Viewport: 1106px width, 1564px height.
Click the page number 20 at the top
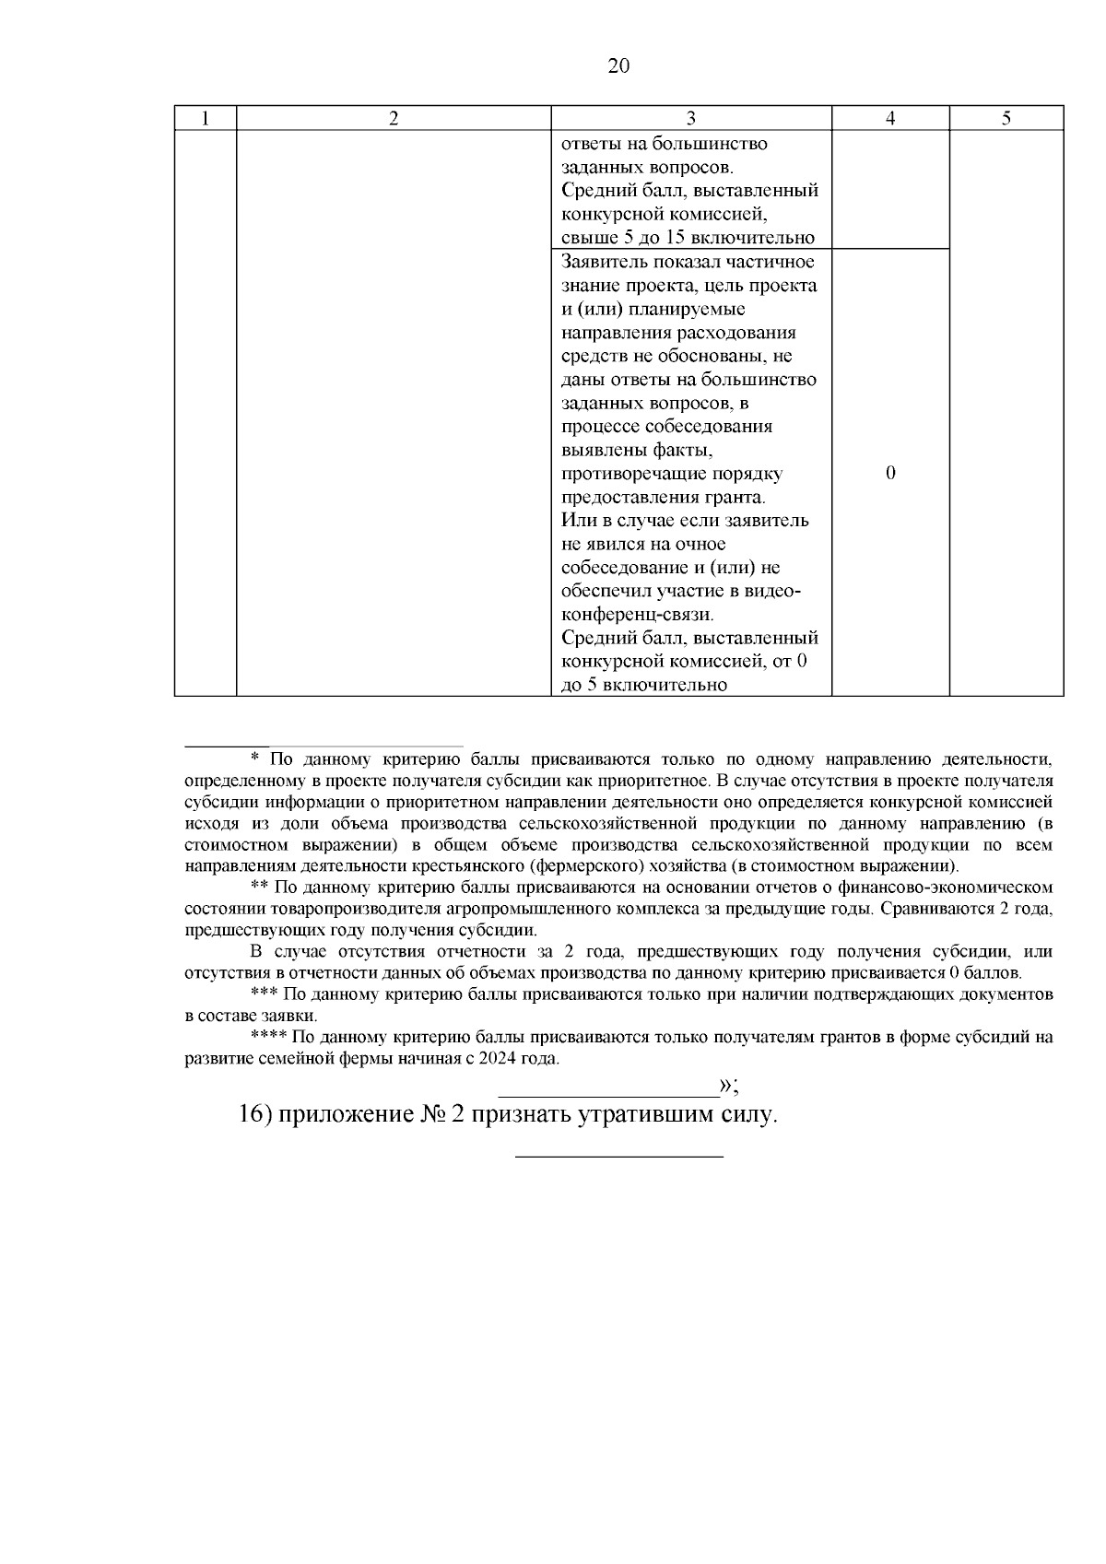tap(618, 66)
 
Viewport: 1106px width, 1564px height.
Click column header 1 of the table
tap(205, 118)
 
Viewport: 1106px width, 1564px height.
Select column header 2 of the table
tap(394, 118)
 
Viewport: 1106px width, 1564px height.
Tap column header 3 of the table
tap(690, 118)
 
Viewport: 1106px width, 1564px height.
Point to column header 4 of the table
tap(889, 118)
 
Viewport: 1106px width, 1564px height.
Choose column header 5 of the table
tap(1006, 118)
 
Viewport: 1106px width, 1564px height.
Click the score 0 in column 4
tap(889, 474)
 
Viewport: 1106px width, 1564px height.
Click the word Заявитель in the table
tap(602, 262)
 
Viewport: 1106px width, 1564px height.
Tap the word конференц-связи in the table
tap(636, 615)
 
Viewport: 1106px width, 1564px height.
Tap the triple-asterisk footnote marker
tap(265, 995)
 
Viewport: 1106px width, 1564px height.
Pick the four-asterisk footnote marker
tap(268, 1038)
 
